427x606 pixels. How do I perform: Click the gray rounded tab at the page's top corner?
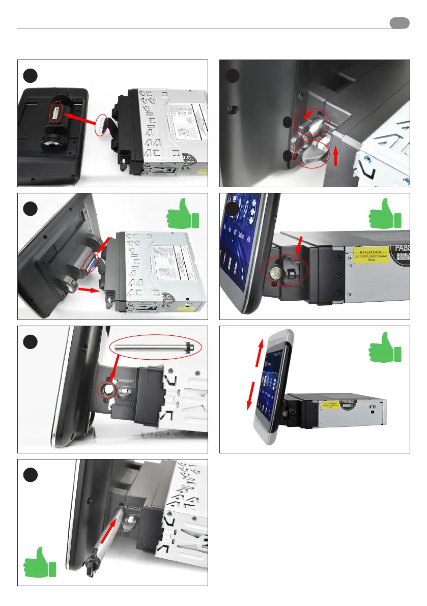click(x=400, y=23)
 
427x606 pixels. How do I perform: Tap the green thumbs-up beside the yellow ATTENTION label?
click(x=385, y=213)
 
